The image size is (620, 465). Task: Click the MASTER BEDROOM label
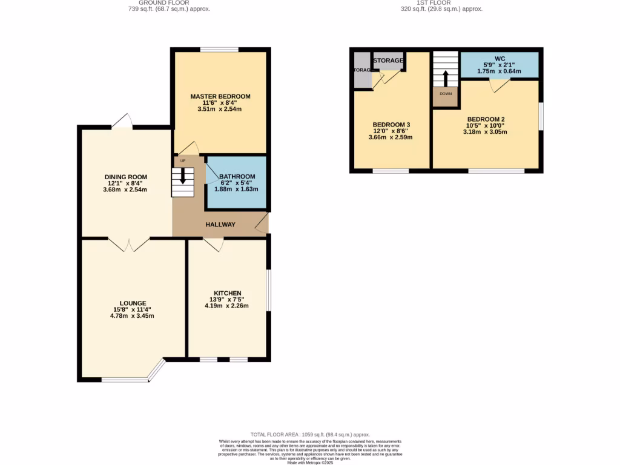[x=220, y=96]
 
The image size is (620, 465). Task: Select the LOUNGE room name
[x=133, y=303]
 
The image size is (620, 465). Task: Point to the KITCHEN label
[x=227, y=293]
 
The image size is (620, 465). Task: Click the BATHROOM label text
[x=237, y=176]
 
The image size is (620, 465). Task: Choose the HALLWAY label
[x=220, y=225]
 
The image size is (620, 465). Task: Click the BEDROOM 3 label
[x=391, y=125]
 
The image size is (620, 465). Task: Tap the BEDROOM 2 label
[x=486, y=119]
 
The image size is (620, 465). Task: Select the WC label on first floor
[x=500, y=59]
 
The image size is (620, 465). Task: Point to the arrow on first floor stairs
[x=445, y=78]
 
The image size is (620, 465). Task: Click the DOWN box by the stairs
[x=445, y=94]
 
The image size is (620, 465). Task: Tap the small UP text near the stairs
[x=182, y=161]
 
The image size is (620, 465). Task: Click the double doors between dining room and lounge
[x=129, y=244]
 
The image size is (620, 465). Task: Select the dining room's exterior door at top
[x=122, y=122]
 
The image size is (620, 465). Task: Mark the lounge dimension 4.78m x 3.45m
[x=133, y=316]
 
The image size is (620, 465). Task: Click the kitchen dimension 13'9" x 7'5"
[x=227, y=299]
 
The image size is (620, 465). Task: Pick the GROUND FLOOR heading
[x=170, y=3]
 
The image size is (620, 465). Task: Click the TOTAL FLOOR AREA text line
[x=310, y=435]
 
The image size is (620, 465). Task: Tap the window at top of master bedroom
[x=219, y=50]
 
